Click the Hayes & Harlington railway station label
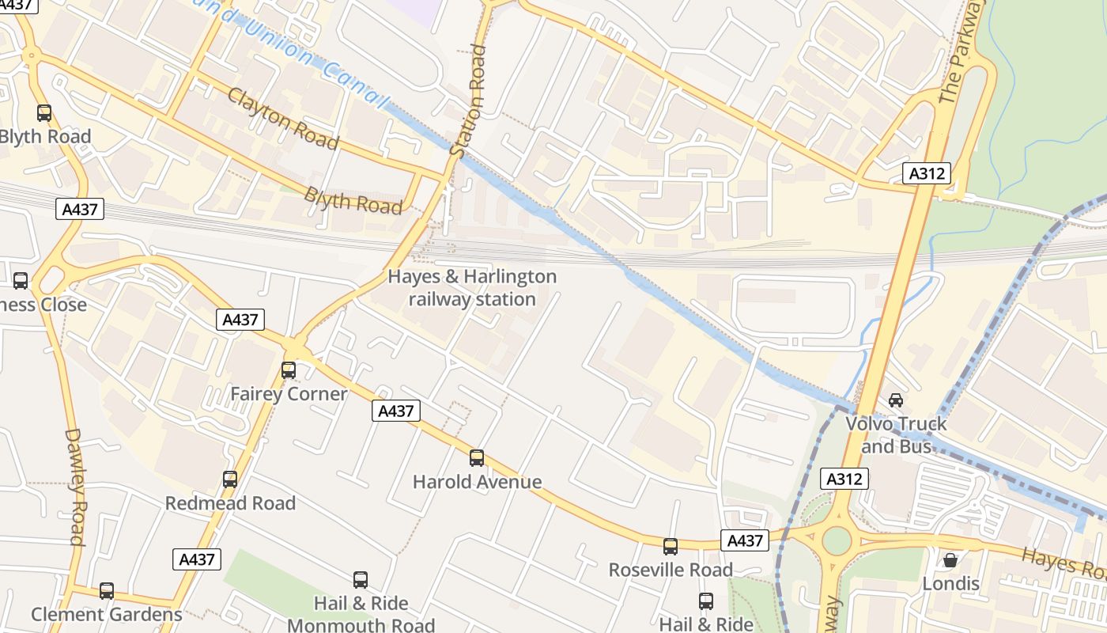(x=472, y=288)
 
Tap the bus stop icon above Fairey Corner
(x=289, y=370)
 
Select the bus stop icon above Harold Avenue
(x=477, y=457)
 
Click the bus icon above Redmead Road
(x=230, y=479)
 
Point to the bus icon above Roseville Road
(x=671, y=546)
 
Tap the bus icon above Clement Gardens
(x=107, y=590)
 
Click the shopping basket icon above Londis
(x=950, y=560)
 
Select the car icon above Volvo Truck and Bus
(x=896, y=400)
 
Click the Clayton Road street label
(x=283, y=119)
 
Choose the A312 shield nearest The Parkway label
(x=926, y=173)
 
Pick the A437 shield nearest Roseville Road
(x=744, y=540)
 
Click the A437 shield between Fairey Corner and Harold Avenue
(x=396, y=411)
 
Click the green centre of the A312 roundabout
(x=837, y=541)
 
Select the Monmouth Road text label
(x=361, y=625)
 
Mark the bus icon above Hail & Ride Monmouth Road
(x=361, y=579)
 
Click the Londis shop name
(x=950, y=584)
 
